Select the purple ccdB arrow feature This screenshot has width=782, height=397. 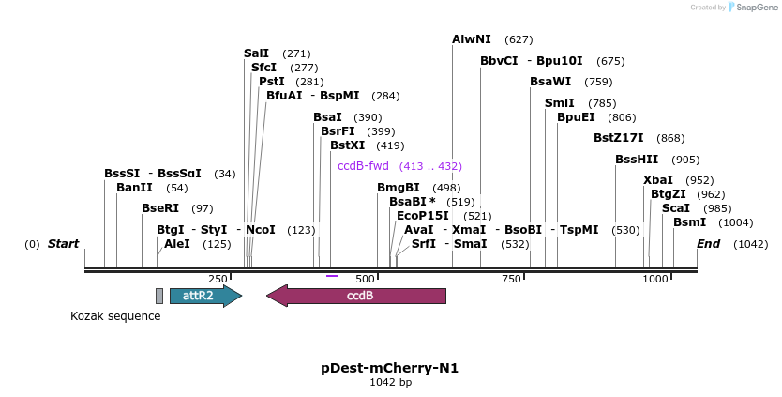(356, 296)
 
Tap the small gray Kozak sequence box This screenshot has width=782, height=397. (159, 296)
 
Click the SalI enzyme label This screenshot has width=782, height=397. (256, 53)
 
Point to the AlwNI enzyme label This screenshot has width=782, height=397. (472, 39)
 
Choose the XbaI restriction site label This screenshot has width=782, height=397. (658, 179)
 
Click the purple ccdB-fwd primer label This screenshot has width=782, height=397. (363, 166)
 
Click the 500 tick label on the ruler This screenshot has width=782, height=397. (365, 279)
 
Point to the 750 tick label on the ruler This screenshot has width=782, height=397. (511, 279)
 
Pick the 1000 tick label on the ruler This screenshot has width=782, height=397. (654, 279)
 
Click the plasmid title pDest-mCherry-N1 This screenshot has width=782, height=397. (390, 367)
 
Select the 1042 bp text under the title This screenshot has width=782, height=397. (390, 382)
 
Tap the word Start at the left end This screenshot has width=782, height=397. (63, 244)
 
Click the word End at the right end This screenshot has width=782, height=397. (708, 244)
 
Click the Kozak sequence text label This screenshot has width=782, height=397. (115, 316)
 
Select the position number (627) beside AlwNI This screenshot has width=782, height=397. (519, 39)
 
